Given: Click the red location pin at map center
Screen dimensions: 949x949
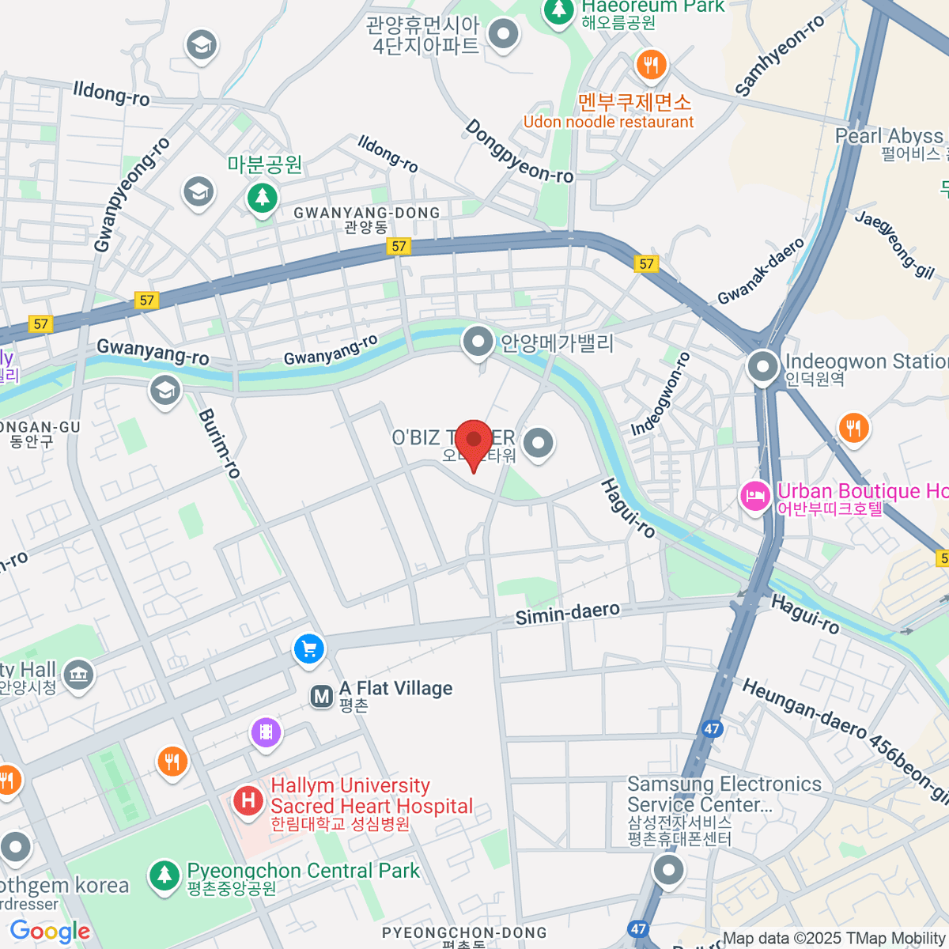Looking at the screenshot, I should click(x=474, y=441).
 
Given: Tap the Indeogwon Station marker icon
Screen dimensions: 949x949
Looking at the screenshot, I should click(x=763, y=367).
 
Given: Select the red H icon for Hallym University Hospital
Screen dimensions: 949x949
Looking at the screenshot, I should click(x=248, y=801).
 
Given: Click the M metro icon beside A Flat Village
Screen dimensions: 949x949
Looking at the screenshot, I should click(x=321, y=697).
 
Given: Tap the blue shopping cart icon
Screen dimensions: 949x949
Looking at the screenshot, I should click(x=308, y=649).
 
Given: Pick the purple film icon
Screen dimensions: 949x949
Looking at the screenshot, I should click(x=267, y=732).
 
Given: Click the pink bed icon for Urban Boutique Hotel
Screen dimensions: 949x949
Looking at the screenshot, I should click(x=755, y=497).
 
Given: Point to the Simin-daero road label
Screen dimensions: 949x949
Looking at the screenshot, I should click(x=567, y=613).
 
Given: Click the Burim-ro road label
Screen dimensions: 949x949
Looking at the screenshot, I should click(x=219, y=443).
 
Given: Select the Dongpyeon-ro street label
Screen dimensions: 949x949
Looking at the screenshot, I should click(x=519, y=152).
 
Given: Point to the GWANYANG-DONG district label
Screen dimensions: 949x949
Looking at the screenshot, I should click(x=366, y=213).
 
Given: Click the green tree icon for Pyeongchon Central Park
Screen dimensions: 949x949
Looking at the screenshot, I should click(x=164, y=875).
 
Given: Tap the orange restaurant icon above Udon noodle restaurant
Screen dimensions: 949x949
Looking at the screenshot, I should click(x=651, y=65).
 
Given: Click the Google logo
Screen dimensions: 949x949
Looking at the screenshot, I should click(x=50, y=932).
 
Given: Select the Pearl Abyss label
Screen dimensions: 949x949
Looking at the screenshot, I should click(x=889, y=136).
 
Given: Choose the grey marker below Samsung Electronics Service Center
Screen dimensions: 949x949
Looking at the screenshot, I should click(x=668, y=870).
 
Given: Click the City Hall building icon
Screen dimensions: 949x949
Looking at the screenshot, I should click(x=78, y=675).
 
